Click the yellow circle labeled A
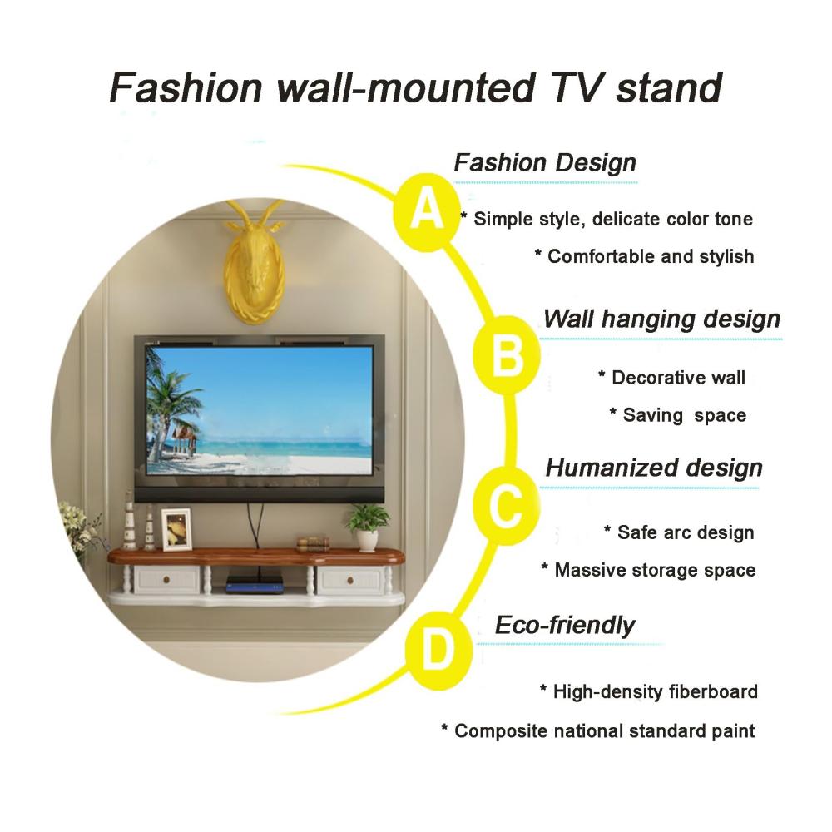tap(427, 212)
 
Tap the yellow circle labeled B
tap(506, 355)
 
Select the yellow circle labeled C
tap(506, 506)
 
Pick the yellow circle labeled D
tap(438, 651)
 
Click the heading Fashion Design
tap(545, 163)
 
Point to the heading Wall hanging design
tap(661, 319)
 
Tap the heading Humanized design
tap(654, 468)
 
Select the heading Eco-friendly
tap(565, 625)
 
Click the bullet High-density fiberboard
tap(649, 691)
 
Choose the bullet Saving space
tap(678, 415)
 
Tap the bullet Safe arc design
tap(679, 532)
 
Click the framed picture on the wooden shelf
tap(176, 529)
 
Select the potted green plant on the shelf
tap(367, 526)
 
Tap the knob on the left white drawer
tap(166, 580)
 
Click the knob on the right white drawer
tap(349, 580)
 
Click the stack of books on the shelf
tap(313, 544)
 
